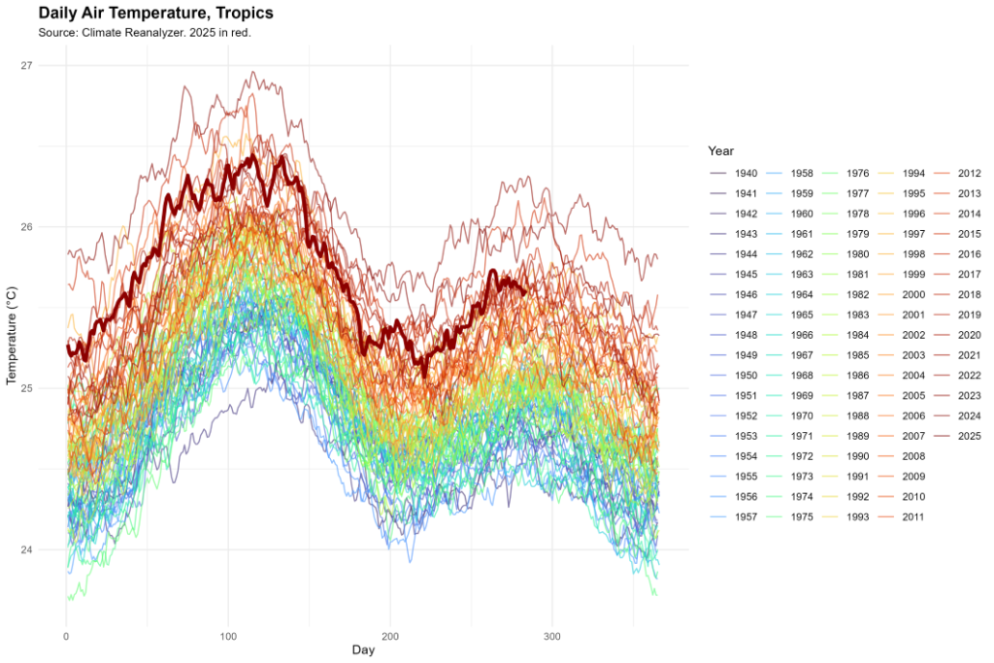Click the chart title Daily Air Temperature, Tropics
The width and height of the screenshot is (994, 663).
(x=155, y=14)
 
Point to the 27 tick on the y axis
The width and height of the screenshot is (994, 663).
(x=25, y=65)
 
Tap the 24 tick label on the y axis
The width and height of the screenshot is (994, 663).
(x=25, y=550)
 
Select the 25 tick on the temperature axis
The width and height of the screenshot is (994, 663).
(x=25, y=388)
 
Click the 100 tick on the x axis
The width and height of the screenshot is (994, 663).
(x=227, y=635)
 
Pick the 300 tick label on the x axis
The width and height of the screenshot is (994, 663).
(x=551, y=635)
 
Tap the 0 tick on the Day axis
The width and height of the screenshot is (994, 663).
(x=65, y=635)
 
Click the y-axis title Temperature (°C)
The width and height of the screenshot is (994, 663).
(x=12, y=335)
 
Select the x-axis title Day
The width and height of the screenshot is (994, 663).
(x=363, y=649)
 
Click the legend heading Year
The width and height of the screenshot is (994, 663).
(x=720, y=151)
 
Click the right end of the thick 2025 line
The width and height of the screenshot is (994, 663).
(x=525, y=291)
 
